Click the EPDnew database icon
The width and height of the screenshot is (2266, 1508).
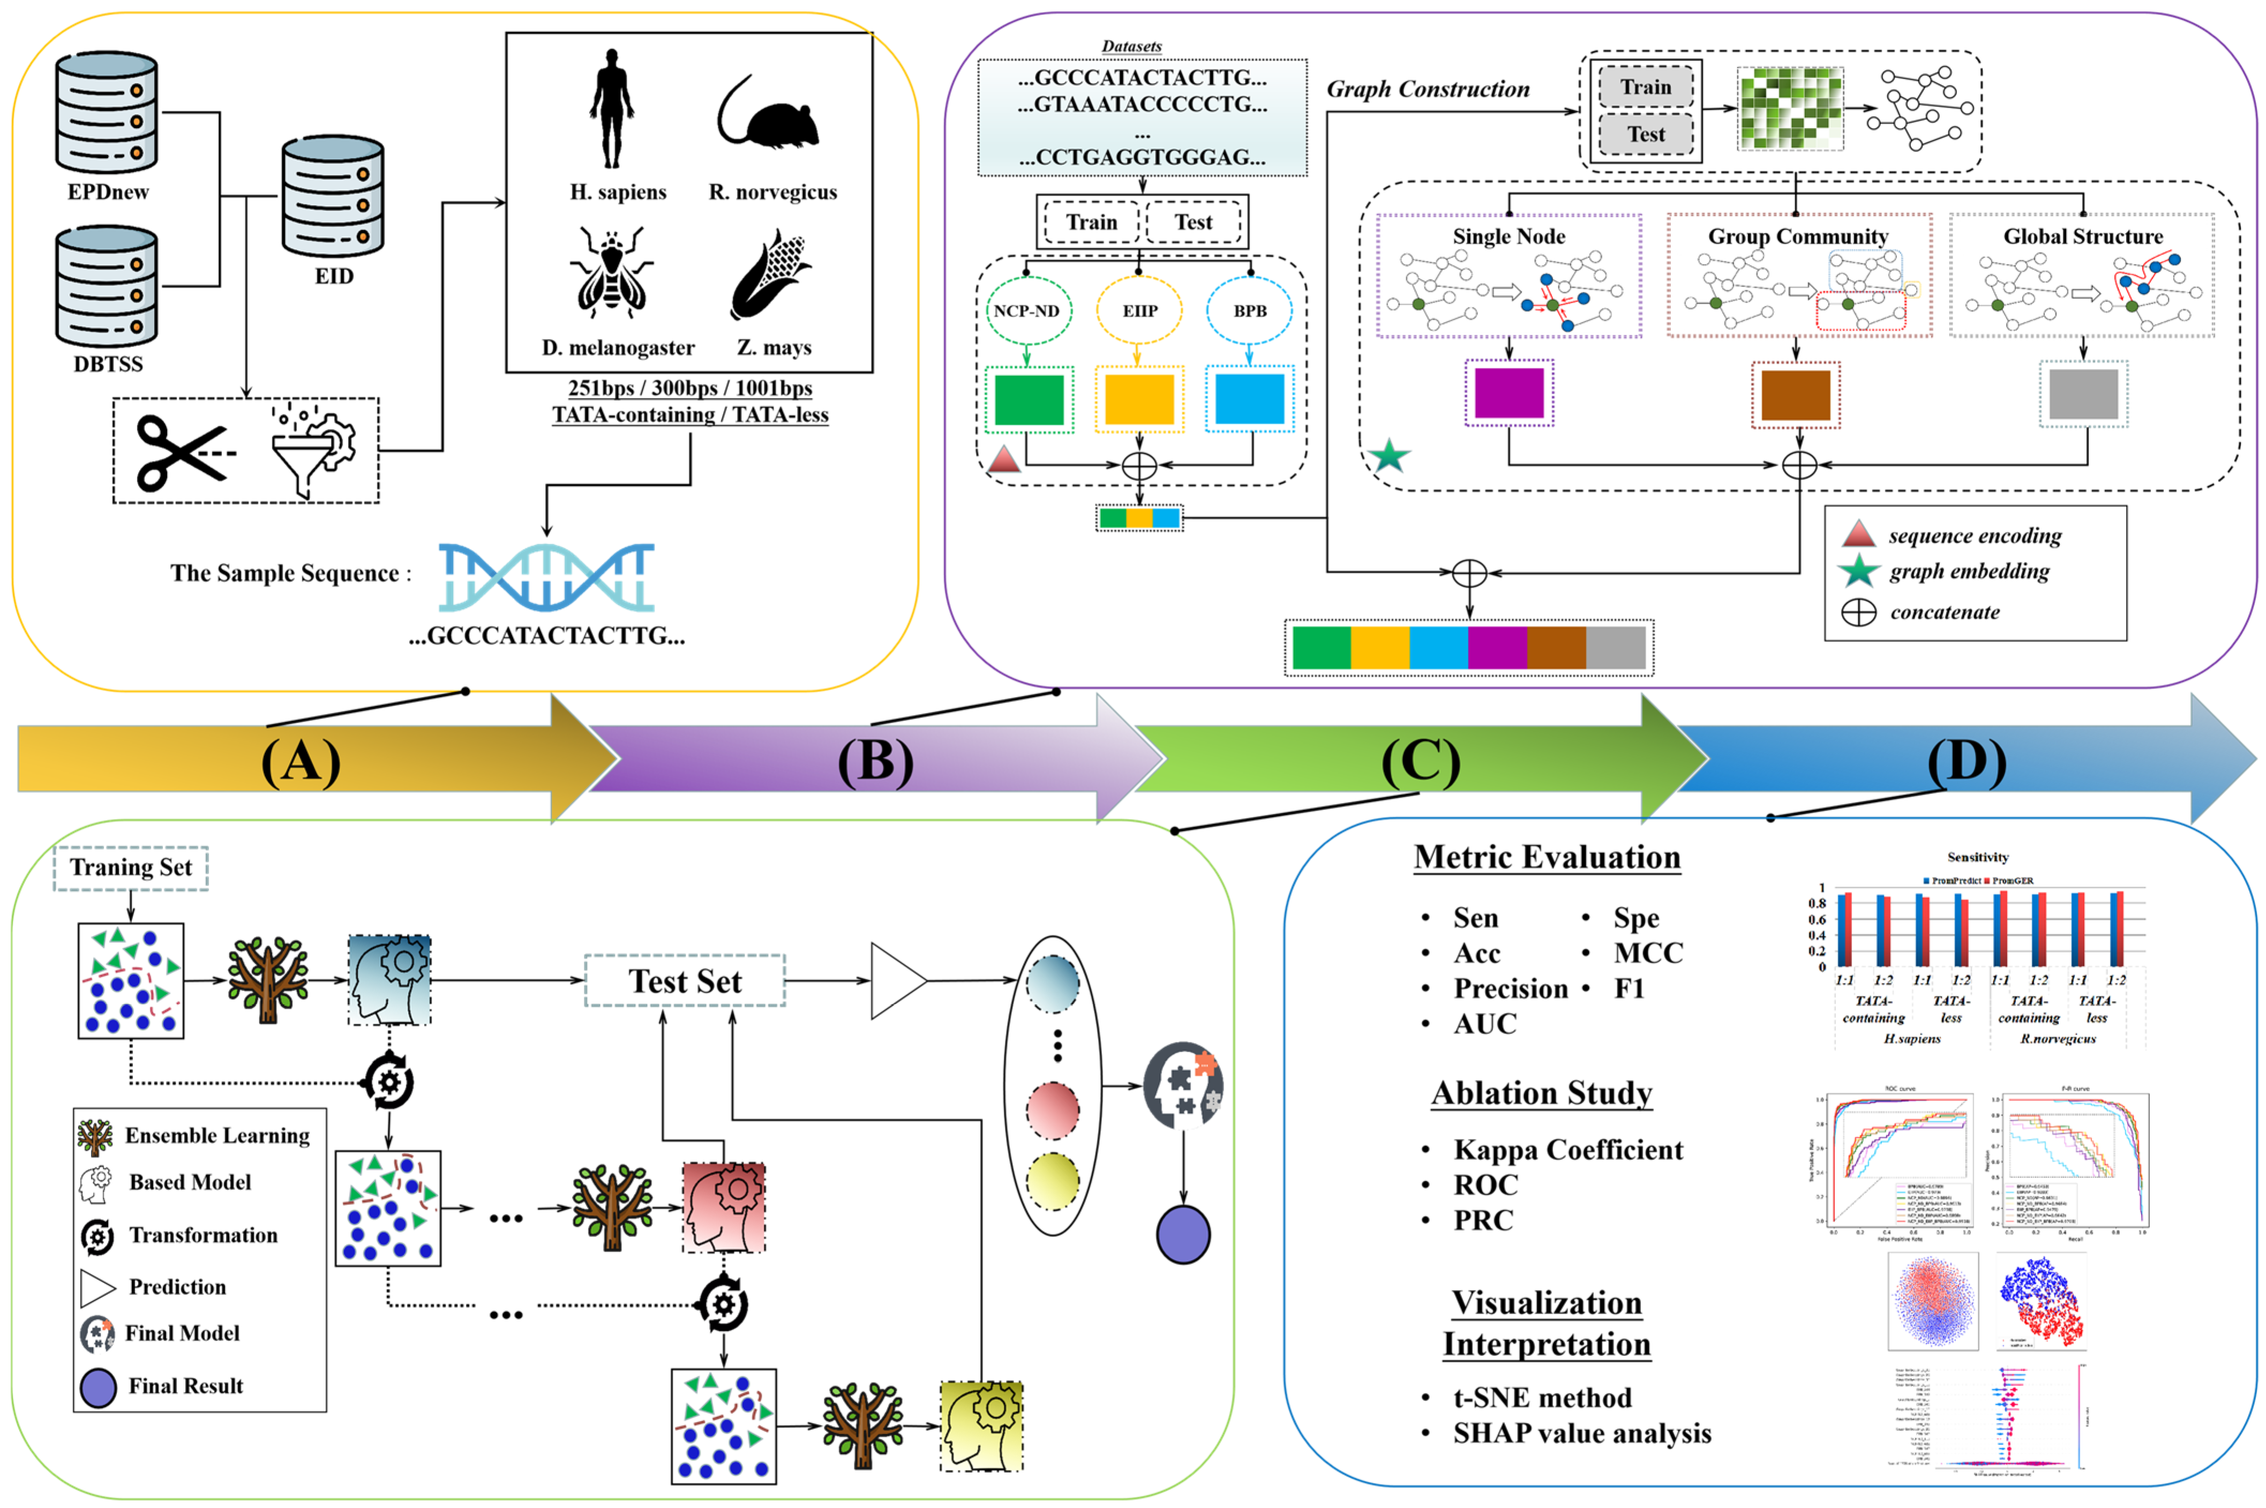pos(106,112)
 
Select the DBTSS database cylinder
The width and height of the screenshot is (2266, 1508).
pos(106,287)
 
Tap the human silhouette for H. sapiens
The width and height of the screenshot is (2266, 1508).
pos(612,109)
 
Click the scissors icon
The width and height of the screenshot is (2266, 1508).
pos(183,452)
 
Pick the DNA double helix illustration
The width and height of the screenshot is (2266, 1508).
pos(546,577)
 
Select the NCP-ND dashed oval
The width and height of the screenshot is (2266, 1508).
pos(1026,311)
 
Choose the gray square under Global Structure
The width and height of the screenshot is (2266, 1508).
pos(2083,393)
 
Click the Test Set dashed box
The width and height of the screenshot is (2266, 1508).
pos(685,981)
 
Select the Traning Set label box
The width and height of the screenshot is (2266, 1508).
pos(131,867)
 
